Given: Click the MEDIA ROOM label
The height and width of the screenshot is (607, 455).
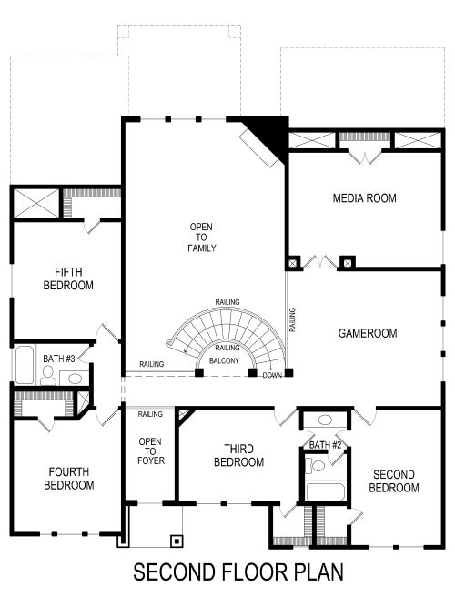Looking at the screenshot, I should [x=364, y=197].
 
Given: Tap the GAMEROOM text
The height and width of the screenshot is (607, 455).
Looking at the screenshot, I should [x=368, y=333].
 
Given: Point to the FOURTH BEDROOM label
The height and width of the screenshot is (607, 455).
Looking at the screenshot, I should [x=68, y=479].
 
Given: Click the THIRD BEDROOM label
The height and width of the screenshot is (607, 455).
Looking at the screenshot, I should [x=238, y=455].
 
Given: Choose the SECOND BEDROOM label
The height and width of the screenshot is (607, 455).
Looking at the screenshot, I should [x=393, y=481].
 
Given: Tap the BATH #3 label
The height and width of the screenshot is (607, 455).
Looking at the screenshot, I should [x=59, y=358].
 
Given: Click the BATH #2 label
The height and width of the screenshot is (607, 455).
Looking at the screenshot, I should [x=325, y=444].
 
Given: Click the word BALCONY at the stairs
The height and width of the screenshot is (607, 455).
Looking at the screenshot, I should [x=225, y=361].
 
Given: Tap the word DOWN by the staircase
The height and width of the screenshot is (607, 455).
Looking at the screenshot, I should [x=271, y=375].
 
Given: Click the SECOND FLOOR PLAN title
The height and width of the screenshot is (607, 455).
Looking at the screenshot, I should [x=227, y=573].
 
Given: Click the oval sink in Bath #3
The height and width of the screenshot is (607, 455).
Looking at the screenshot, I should [x=74, y=379].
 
